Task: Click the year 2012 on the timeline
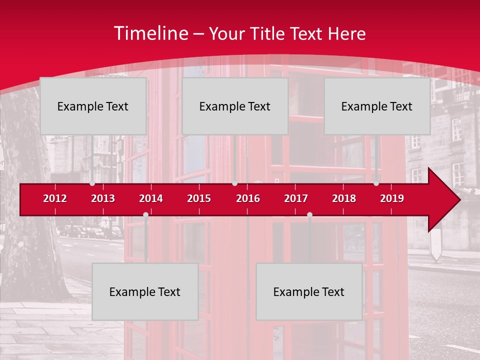point(55,198)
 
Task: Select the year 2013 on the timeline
point(103,198)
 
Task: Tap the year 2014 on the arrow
point(151,198)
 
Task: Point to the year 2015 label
point(199,198)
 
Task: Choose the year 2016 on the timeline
point(248,198)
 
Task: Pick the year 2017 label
point(296,198)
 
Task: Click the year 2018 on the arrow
point(344,198)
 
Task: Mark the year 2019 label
point(392,198)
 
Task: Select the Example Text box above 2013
point(93,106)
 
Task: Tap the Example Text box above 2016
point(235,106)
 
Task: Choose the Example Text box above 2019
point(377,106)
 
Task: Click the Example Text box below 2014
point(145,292)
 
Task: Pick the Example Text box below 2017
point(309,292)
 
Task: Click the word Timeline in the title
point(151,33)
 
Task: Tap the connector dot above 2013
point(92,183)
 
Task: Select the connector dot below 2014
point(145,215)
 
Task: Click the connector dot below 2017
point(309,215)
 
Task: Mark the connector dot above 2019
point(376,183)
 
